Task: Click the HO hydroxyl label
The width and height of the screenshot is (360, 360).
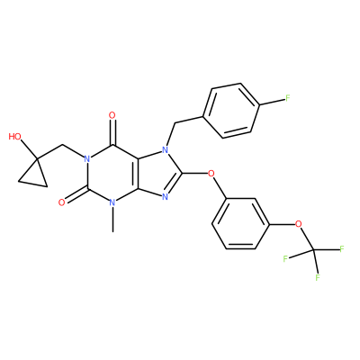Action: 15,137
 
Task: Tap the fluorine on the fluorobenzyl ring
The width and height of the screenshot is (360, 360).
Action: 288,98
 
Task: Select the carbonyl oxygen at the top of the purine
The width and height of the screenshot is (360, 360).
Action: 112,115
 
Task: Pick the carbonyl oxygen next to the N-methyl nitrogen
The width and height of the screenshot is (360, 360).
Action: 62,202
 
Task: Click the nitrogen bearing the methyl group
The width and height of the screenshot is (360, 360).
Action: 112,202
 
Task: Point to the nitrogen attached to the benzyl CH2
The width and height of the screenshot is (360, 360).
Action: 165,148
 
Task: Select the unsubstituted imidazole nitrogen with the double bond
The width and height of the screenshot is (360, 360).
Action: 165,197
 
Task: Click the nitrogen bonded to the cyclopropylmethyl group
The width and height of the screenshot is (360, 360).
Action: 87,158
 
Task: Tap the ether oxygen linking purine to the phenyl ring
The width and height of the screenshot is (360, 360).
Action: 211,173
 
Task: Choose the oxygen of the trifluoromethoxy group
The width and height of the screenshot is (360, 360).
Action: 298,224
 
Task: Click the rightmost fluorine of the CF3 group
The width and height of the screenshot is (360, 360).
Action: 342,248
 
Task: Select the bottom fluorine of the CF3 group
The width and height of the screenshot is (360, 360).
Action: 318,277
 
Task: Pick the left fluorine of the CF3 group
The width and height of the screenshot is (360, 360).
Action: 285,258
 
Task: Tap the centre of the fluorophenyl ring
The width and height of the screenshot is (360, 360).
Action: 231,111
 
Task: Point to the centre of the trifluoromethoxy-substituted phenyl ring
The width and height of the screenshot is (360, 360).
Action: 240,224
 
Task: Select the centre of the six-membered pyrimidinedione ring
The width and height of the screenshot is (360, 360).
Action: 112,174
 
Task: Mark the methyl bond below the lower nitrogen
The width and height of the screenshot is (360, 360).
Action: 112,220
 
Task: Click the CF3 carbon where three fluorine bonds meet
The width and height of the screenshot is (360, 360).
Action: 313,249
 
